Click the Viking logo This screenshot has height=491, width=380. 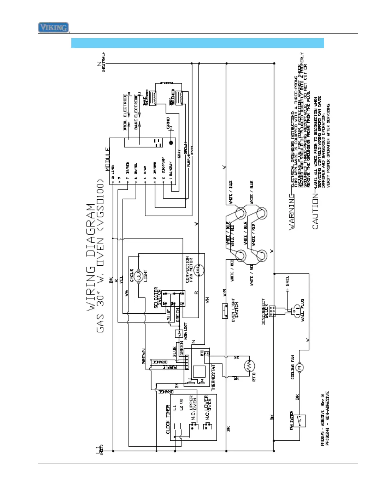(x=53, y=28)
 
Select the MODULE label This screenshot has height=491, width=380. (x=108, y=159)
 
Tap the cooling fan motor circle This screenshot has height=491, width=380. (x=300, y=368)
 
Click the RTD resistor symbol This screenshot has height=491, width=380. (x=249, y=367)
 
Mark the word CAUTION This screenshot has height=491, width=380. (x=315, y=211)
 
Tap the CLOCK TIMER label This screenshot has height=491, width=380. (x=168, y=419)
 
